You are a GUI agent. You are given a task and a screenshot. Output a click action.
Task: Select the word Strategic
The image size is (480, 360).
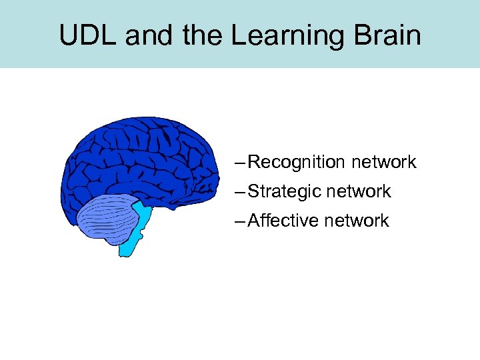[283, 191]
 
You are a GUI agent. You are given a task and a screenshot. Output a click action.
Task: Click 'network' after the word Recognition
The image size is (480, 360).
[383, 162]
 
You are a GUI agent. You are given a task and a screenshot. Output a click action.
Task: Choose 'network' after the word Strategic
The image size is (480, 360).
[358, 191]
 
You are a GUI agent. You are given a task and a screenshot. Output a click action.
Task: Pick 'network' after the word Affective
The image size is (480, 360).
[356, 221]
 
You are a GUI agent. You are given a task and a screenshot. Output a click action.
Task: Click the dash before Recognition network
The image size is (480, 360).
[240, 163]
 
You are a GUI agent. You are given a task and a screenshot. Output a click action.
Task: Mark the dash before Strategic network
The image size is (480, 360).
[240, 192]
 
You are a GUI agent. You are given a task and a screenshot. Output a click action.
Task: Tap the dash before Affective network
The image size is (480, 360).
[240, 221]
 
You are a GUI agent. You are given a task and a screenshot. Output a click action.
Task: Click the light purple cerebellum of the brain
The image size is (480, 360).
[107, 217]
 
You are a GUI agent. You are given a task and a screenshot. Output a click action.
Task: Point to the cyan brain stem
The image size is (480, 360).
[137, 231]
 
